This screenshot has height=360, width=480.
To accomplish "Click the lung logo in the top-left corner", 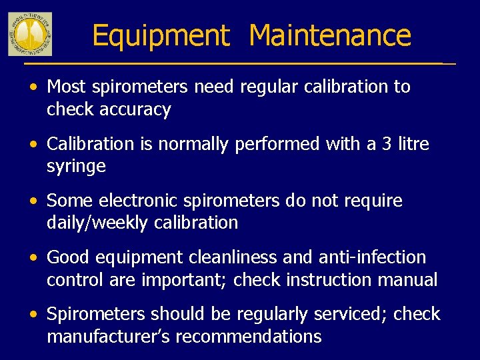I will pyautogui.click(x=30, y=33).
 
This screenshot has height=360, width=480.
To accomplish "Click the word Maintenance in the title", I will pyautogui.click(x=330, y=35).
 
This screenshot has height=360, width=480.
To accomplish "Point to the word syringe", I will pyautogui.click(x=76, y=166).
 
